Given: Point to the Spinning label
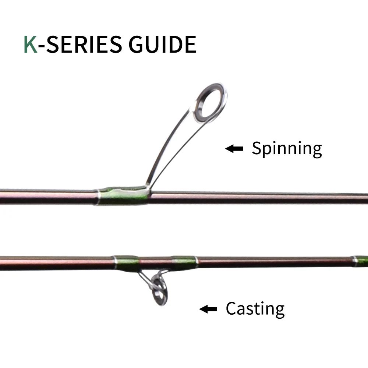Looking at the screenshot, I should click(x=287, y=148).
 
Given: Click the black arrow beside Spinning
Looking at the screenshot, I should click(x=234, y=148).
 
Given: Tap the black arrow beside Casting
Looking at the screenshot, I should click(x=208, y=309).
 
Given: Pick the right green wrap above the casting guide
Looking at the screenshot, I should click(x=184, y=261).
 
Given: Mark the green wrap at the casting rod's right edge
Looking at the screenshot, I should click(x=362, y=259).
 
